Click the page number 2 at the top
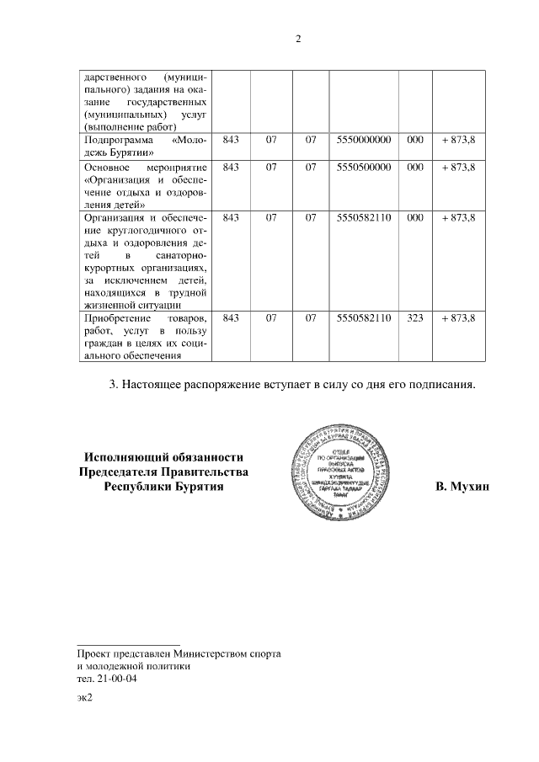click(297, 38)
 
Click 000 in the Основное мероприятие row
click(414, 168)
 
